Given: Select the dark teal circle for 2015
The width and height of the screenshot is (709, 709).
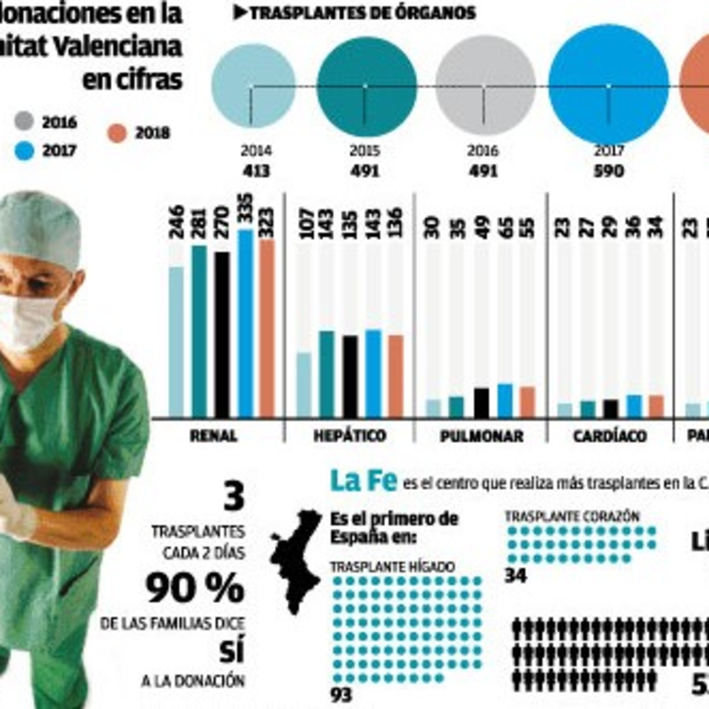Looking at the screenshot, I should point(366,86).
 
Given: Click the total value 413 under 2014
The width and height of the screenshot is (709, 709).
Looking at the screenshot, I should point(256,171).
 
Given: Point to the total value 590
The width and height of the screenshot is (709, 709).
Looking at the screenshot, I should point(609,171).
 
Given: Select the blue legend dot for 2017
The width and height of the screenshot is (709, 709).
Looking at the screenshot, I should point(25,151).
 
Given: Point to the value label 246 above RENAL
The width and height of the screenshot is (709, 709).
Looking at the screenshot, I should point(177,222).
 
